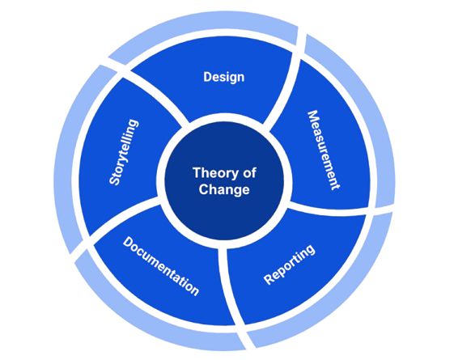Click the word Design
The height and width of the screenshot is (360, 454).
click(224, 77)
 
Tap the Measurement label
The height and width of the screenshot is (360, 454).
click(323, 150)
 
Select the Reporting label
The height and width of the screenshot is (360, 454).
click(289, 265)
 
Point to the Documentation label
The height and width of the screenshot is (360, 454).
click(161, 266)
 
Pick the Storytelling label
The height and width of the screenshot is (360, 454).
click(124, 152)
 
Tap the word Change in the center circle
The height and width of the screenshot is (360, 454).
click(224, 190)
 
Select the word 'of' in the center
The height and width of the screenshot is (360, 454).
click(249, 173)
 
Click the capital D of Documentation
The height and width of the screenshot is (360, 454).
click(128, 243)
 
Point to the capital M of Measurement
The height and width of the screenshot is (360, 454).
click(313, 116)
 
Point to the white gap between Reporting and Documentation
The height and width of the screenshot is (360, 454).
click(230, 285)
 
